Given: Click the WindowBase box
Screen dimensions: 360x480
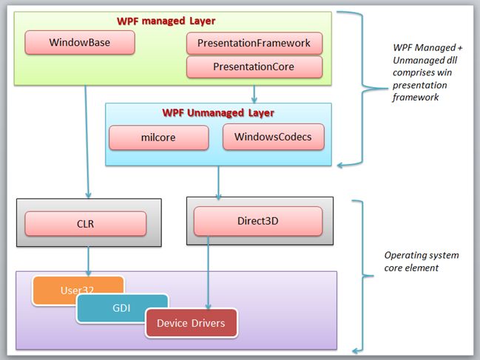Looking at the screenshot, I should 80,42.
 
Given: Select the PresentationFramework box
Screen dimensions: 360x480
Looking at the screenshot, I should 254,43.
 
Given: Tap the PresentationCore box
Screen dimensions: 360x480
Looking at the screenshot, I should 254,67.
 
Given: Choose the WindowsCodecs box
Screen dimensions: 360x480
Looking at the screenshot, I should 273,137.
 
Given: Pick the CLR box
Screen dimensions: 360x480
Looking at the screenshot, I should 86,223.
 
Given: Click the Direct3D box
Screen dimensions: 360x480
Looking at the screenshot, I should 257,221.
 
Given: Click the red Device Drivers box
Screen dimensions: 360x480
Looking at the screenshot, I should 192,323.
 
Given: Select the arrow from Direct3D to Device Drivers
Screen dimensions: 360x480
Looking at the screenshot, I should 209,274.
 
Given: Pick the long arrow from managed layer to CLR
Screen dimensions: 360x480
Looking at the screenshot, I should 86,140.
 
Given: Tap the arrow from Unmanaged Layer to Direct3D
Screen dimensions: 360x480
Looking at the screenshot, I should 218,182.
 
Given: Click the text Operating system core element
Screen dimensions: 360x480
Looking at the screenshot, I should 421,261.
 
